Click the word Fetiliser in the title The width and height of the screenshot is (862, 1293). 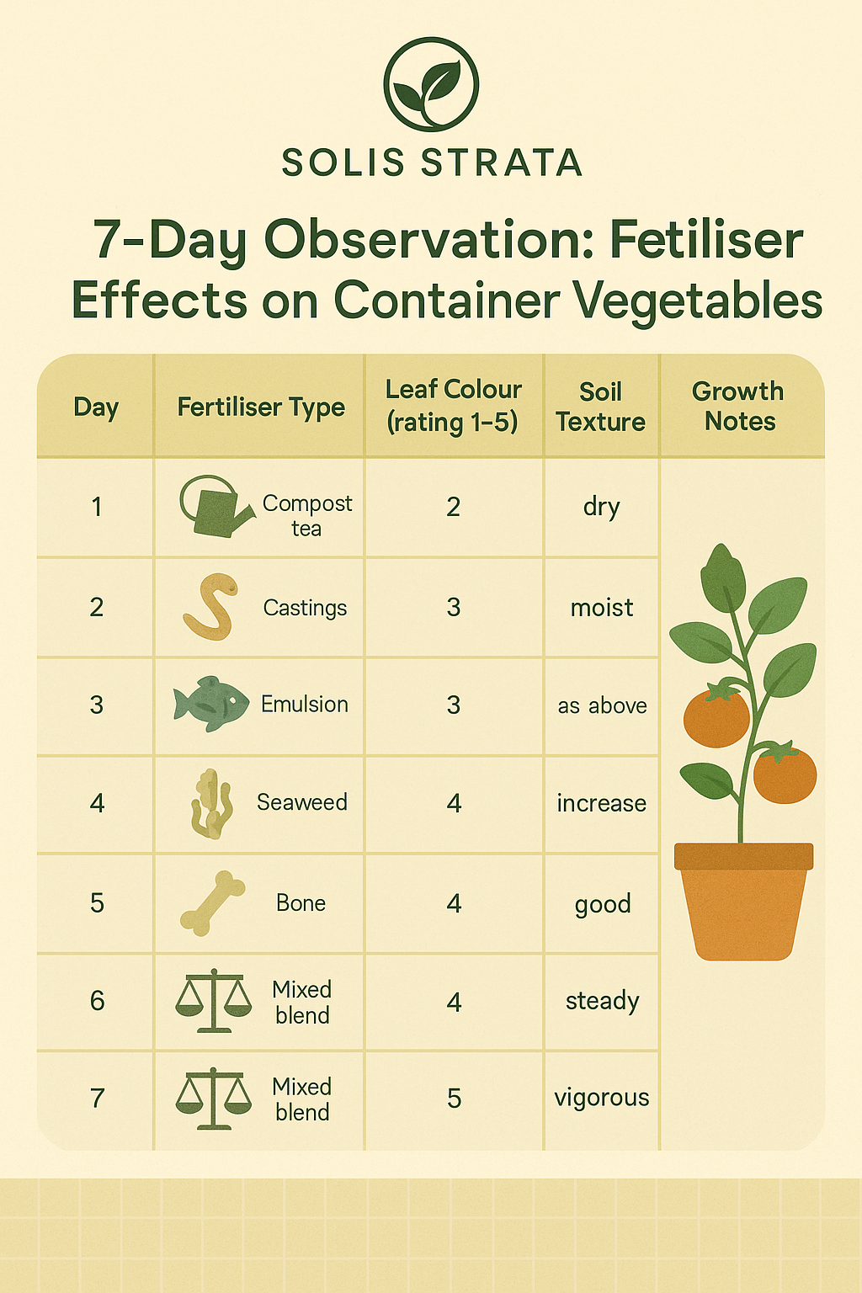[x=706, y=239]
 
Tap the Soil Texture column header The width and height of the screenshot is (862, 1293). [x=600, y=407]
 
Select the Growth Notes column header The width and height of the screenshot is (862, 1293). [x=738, y=406]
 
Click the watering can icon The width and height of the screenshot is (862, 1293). [x=215, y=506]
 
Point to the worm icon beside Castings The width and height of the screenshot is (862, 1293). [x=210, y=606]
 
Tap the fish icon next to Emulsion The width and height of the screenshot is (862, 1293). [x=211, y=704]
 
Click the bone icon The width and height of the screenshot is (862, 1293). [x=212, y=902]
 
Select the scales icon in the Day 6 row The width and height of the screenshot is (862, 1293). [x=214, y=1000]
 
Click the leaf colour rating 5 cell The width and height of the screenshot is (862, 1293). [x=454, y=1099]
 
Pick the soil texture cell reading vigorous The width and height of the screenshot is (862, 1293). [x=602, y=1098]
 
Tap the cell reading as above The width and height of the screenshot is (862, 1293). [x=602, y=705]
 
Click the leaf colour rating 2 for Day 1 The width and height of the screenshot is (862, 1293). [x=453, y=507]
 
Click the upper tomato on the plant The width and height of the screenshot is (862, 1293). [x=716, y=716]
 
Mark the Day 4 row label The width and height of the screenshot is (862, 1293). [x=97, y=804]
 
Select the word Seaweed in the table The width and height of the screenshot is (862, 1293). [x=302, y=802]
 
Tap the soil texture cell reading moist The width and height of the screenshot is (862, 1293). [x=602, y=608]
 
